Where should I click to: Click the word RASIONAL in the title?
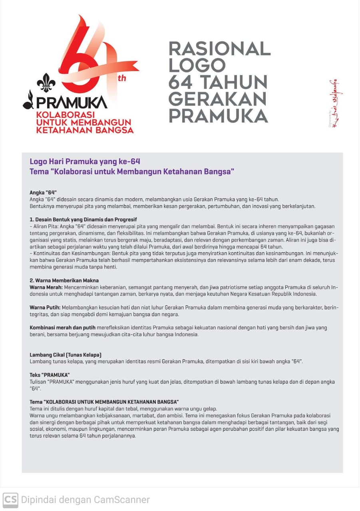coord(219,48)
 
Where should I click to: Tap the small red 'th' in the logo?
coord(121,78)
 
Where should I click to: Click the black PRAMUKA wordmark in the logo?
coord(72,102)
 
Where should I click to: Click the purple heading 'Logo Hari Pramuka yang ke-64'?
coord(85,162)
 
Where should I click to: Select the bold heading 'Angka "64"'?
coord(43,192)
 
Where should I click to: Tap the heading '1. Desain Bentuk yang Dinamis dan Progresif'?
coord(83,220)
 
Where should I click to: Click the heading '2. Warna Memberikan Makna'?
coord(64,281)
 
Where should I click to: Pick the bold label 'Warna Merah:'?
coord(46,287)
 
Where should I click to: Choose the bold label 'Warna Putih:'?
coord(45,307)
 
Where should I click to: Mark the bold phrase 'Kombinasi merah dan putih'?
coord(63,328)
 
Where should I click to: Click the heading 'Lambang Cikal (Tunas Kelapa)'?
coord(66,355)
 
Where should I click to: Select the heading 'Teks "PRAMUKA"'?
coord(50,375)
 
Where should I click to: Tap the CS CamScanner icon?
coord(10,499)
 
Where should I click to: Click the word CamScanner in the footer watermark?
coord(121,499)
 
